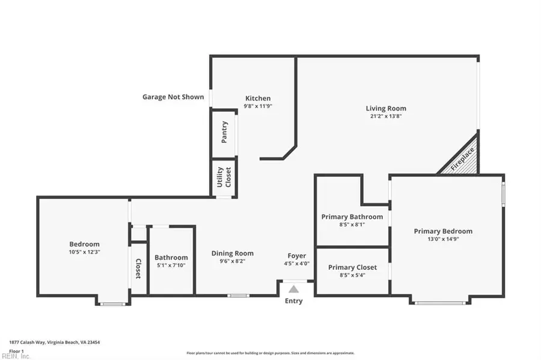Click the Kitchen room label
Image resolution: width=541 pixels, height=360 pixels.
pyautogui.click(x=258, y=98)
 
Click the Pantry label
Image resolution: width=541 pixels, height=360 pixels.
pyautogui.click(x=224, y=134)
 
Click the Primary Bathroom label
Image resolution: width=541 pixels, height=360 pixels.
pyautogui.click(x=352, y=216)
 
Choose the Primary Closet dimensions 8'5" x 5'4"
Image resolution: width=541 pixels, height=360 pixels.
pyautogui.click(x=352, y=275)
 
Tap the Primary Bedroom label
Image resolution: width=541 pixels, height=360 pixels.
pyautogui.click(x=443, y=231)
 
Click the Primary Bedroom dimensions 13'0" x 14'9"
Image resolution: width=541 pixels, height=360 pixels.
pyautogui.click(x=443, y=239)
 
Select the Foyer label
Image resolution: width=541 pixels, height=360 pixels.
pyautogui.click(x=296, y=255)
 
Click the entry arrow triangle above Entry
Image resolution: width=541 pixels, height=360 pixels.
pyautogui.click(x=294, y=288)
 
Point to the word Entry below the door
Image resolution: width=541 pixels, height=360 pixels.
pyautogui.click(x=294, y=301)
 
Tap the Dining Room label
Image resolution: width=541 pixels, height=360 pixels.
pyautogui.click(x=232, y=253)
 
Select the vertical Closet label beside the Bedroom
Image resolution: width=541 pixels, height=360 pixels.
pyautogui.click(x=138, y=269)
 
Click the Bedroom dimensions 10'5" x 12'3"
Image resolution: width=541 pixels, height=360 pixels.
pyautogui.click(x=84, y=252)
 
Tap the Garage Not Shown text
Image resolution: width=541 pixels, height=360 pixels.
pyautogui.click(x=173, y=96)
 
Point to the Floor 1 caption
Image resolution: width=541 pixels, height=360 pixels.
pyautogui.click(x=16, y=350)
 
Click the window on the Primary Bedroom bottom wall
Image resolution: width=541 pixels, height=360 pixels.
pyautogui.click(x=439, y=303)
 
